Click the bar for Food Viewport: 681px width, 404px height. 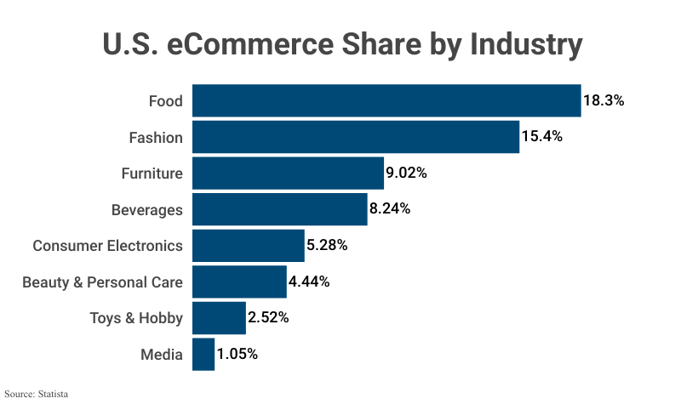point(386,100)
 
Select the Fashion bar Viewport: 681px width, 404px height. point(356,137)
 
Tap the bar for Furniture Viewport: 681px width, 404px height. point(288,174)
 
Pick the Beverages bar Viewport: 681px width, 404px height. point(280,209)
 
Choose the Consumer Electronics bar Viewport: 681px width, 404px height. point(249,246)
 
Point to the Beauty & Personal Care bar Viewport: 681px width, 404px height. point(239,282)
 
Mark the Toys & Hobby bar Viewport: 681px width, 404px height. point(219,318)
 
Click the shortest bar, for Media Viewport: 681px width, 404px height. point(203,355)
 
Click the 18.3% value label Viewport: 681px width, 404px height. point(604,100)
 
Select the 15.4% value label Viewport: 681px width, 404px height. point(542,137)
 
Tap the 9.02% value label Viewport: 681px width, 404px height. point(406,174)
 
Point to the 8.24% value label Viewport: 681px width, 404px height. point(390,209)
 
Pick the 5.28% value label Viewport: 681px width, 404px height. point(327,246)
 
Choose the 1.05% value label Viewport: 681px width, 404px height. point(237,355)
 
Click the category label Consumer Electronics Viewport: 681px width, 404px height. point(107,246)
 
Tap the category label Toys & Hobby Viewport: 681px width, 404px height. point(136,318)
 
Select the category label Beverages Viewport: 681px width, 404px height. point(147,209)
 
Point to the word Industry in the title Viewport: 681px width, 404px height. point(526,44)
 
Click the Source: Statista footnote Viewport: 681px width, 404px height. point(36,394)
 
